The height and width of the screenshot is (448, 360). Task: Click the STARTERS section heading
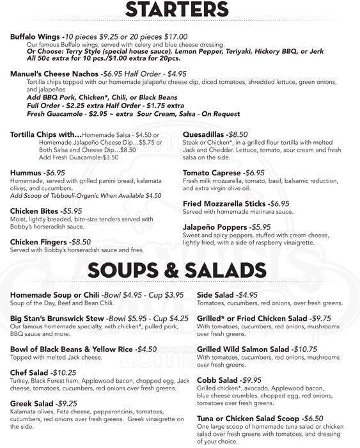click(180, 10)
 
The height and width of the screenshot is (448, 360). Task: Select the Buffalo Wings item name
click(36, 38)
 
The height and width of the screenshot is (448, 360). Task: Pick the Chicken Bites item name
click(36, 211)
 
